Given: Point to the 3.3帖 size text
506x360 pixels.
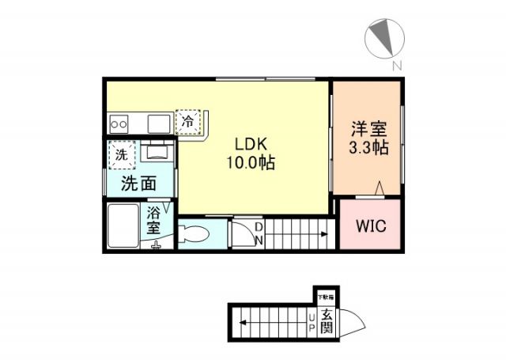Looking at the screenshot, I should [368, 147].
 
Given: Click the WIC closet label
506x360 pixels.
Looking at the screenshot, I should [369, 226].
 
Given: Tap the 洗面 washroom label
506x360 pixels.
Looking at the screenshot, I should [138, 184].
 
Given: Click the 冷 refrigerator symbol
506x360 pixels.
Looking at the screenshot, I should [188, 122].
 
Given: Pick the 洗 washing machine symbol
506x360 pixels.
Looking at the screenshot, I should [122, 155].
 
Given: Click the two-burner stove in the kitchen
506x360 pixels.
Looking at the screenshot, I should [120, 123].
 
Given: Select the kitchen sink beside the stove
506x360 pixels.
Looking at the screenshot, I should [159, 123].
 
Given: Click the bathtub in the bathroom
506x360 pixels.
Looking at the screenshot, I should [125, 226].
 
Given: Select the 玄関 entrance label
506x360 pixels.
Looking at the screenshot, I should [327, 320].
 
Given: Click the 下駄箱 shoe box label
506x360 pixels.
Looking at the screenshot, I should [326, 297].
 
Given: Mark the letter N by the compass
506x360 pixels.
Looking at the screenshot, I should [398, 65].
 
